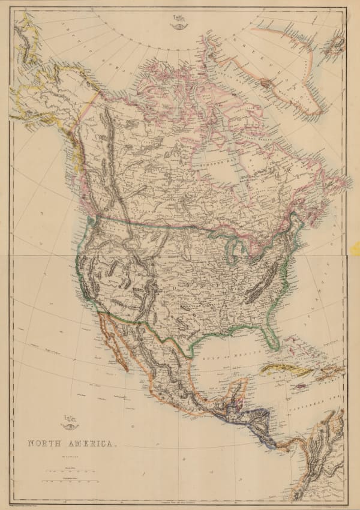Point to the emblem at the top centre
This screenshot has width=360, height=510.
point(179,22)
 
